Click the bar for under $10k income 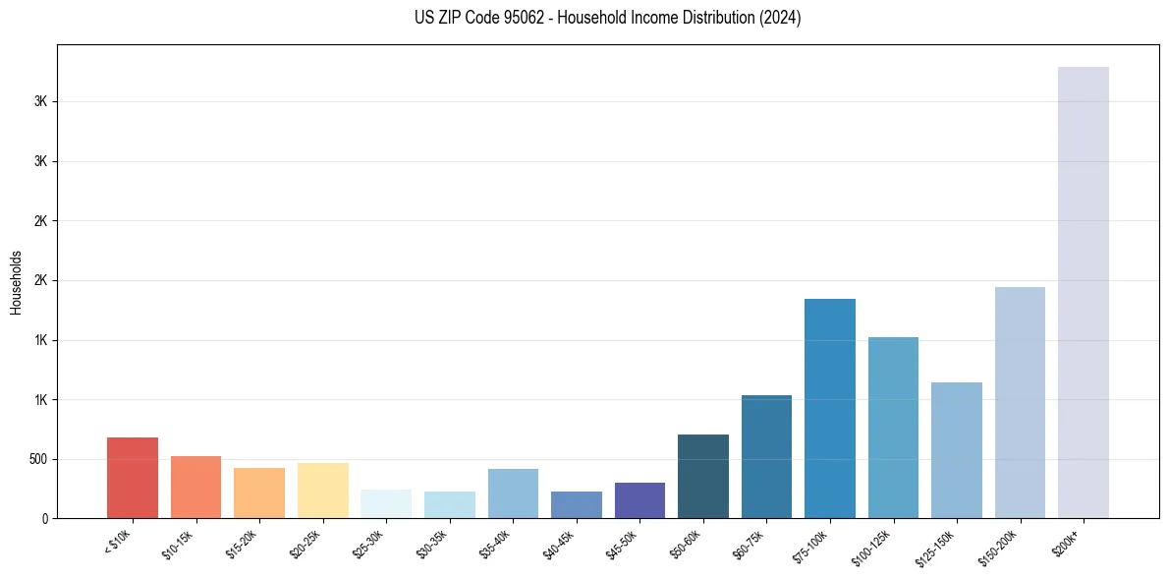(133, 478)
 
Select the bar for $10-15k (195, 488)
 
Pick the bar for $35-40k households (513, 493)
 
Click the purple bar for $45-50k (640, 500)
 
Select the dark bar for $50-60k (703, 477)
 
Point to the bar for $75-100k (830, 408)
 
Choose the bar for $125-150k (957, 450)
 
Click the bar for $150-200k (1020, 402)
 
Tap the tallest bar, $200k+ (1084, 292)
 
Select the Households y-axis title (17, 282)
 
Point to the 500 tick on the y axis (39, 459)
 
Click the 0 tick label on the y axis (45, 519)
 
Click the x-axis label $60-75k (750, 542)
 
